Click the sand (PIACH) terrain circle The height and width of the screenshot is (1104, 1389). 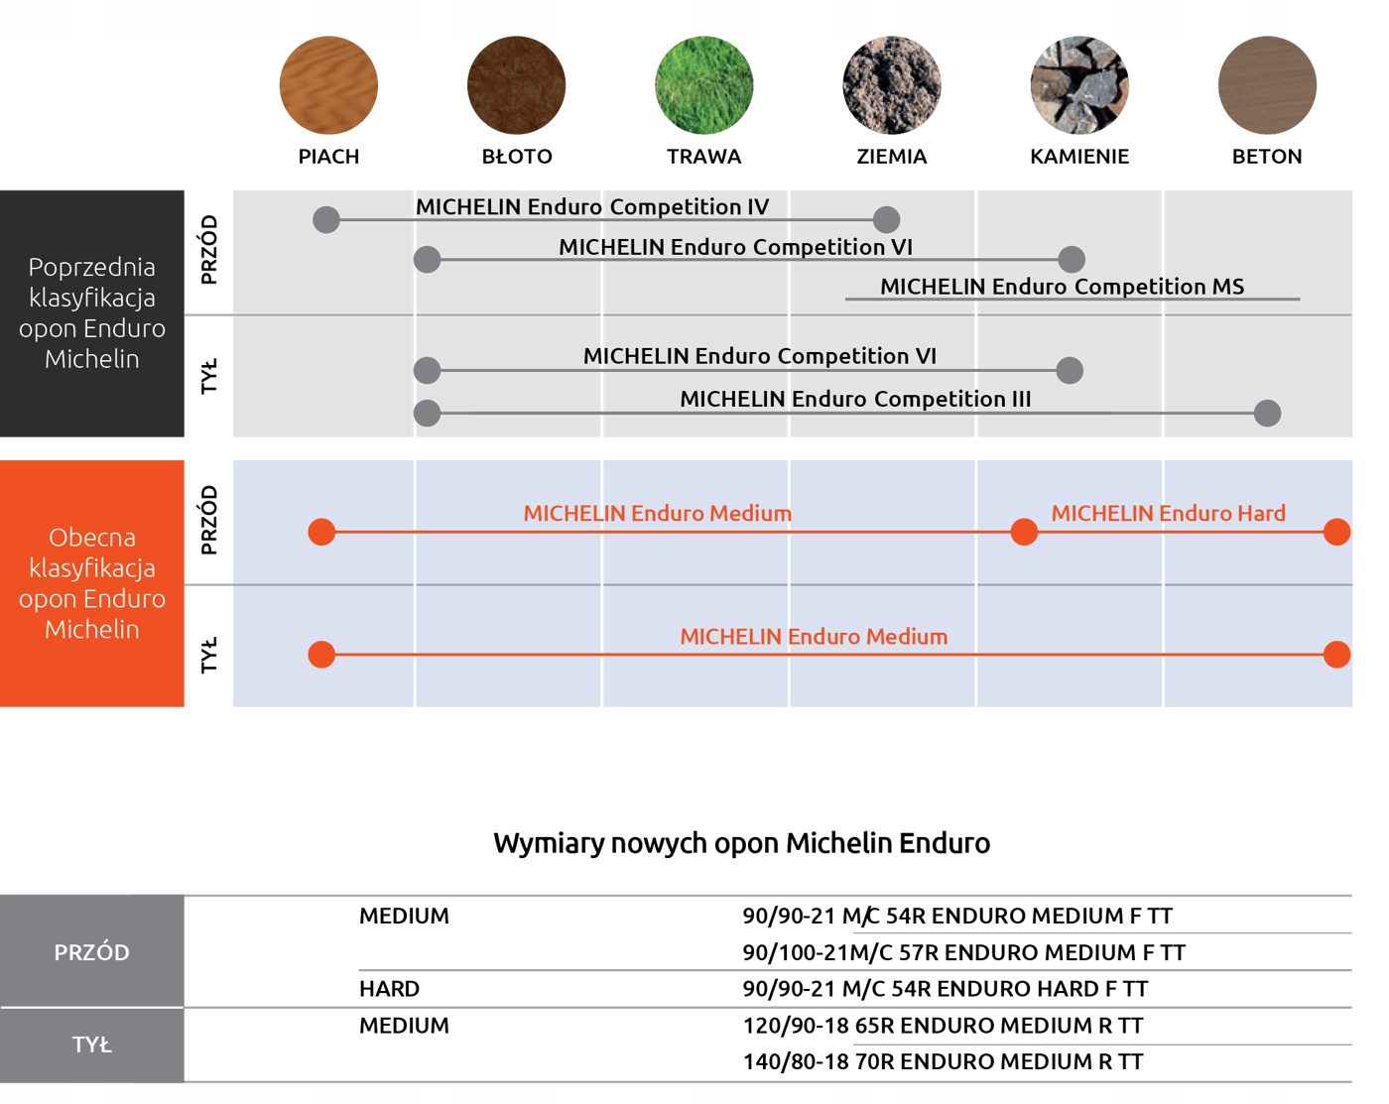coord(328,85)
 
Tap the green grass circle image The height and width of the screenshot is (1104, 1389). coord(703,85)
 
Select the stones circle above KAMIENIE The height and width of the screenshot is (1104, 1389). coord(1079,85)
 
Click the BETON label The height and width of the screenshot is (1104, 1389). coord(1267,157)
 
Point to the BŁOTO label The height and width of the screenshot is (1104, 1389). coord(517,157)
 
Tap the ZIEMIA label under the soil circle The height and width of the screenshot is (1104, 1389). coord(892,157)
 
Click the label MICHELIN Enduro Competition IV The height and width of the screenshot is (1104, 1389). coord(592,206)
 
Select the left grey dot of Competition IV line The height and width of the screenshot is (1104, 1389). coord(326,219)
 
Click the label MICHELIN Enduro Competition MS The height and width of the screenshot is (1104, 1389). coord(1062,287)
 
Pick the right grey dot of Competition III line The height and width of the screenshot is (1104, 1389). coord(1267,413)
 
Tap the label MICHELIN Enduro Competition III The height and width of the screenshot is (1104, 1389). coord(855,399)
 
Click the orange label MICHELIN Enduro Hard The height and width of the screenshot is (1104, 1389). coord(1168,513)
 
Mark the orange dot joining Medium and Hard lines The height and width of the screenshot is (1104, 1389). coord(1024,532)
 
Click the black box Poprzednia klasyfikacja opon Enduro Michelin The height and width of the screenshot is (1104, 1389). coord(92,313)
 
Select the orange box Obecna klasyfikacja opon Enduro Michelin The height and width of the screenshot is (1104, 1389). coord(92,583)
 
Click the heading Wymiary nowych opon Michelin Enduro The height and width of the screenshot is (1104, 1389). coord(741,843)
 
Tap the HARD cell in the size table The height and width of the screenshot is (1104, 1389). coord(390,989)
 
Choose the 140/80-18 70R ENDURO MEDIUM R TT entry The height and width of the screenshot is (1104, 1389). coord(943,1062)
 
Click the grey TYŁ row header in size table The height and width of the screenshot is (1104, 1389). coord(92,1044)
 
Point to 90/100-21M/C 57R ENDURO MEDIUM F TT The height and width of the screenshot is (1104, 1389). coord(963,953)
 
